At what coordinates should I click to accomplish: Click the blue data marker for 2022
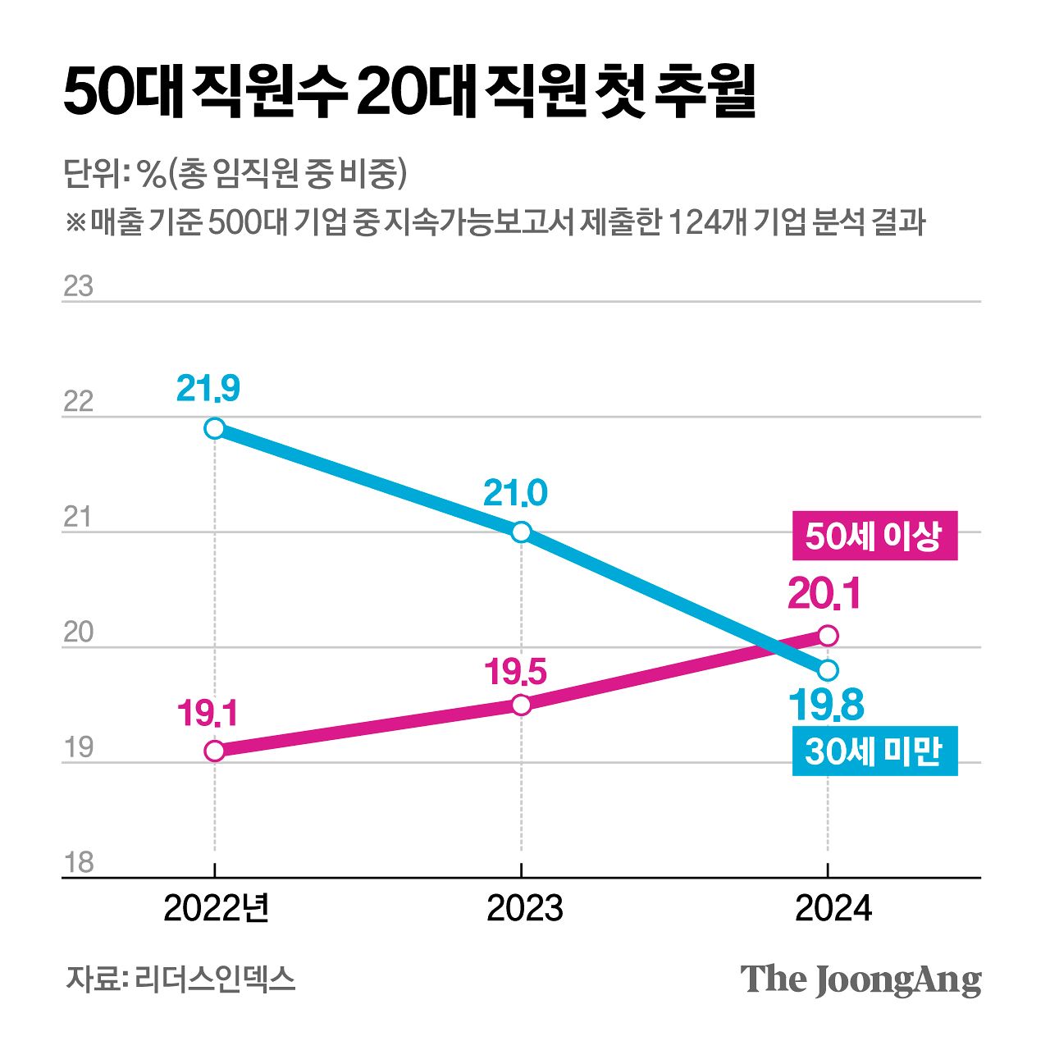[214, 428]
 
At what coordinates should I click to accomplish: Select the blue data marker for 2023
[521, 532]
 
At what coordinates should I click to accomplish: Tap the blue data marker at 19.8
[829, 670]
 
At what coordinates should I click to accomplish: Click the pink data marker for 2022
[214, 751]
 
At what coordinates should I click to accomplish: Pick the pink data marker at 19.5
[521, 705]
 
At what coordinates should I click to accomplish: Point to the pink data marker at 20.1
[829, 636]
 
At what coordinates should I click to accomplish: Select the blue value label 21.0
[514, 493]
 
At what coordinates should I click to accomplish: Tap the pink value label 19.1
[208, 714]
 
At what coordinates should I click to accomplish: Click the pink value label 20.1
[824, 594]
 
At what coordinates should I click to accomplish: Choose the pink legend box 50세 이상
[874, 536]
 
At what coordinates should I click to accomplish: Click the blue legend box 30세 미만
[874, 751]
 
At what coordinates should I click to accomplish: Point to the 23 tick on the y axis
[78, 287]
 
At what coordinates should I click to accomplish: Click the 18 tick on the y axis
[78, 863]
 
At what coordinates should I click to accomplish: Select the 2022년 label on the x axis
[217, 909]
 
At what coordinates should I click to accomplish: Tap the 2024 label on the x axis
[833, 909]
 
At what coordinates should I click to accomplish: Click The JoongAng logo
[861, 979]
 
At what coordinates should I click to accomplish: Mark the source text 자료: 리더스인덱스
[180, 979]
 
